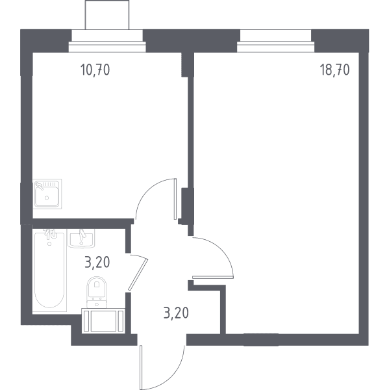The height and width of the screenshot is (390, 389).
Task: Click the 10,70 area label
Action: click(x=95, y=70)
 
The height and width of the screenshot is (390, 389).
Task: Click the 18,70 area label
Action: click(x=334, y=70)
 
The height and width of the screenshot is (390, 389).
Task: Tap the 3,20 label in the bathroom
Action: click(x=97, y=263)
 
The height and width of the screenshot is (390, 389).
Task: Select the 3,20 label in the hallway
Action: click(x=176, y=313)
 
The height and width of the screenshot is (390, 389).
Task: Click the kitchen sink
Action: click(x=47, y=194)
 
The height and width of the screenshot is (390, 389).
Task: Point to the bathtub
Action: click(x=49, y=270)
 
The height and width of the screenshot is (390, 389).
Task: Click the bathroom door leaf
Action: click(x=138, y=275)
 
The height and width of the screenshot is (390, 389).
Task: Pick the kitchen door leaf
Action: click(x=175, y=199)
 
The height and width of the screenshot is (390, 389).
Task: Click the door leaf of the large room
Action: click(x=213, y=277)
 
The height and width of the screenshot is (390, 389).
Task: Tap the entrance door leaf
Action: click(x=141, y=367)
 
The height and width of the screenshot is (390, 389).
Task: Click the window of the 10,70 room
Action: click(x=107, y=47)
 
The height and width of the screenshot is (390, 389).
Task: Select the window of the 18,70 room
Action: click(x=275, y=47)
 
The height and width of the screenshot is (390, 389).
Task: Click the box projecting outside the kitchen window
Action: click(x=107, y=15)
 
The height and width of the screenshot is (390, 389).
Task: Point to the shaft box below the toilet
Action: click(x=103, y=321)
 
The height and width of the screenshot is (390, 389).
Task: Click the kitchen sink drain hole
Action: click(x=47, y=198)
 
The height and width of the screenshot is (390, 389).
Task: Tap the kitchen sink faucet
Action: click(x=39, y=185)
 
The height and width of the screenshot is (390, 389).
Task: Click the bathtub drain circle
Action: click(x=49, y=244)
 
